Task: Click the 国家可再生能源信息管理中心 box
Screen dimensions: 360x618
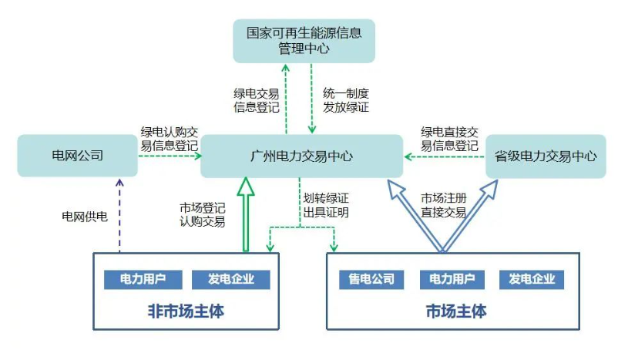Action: (x=304, y=41)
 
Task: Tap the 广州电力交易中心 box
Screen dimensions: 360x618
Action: (x=301, y=156)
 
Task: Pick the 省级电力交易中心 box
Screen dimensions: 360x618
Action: (x=545, y=156)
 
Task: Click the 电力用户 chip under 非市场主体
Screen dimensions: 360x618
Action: (x=140, y=279)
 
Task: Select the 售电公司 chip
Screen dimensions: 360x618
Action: (x=371, y=279)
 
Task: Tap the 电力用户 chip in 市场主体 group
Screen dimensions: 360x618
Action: (x=452, y=279)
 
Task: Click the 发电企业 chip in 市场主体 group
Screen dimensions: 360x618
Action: (x=532, y=279)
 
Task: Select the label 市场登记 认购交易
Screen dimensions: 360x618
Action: (x=203, y=215)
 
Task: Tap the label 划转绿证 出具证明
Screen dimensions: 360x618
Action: (x=326, y=205)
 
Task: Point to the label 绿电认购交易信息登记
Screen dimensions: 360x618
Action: (x=169, y=139)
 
